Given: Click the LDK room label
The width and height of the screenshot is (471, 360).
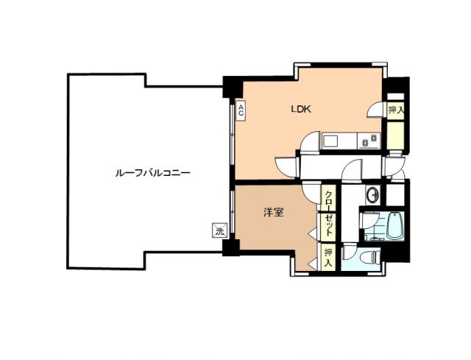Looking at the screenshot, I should tap(302, 110).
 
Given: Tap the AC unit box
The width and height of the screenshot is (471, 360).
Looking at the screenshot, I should tap(241, 111).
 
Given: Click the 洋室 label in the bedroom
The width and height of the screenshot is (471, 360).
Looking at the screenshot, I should tap(275, 213).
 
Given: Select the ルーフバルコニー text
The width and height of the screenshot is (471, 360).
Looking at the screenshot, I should tap(153, 174).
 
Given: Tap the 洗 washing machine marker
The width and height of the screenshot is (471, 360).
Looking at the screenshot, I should tap(219, 232).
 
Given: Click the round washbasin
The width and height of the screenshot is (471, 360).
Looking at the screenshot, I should tap(372, 196).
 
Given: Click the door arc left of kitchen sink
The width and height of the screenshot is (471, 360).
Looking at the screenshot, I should tap(311, 141).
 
